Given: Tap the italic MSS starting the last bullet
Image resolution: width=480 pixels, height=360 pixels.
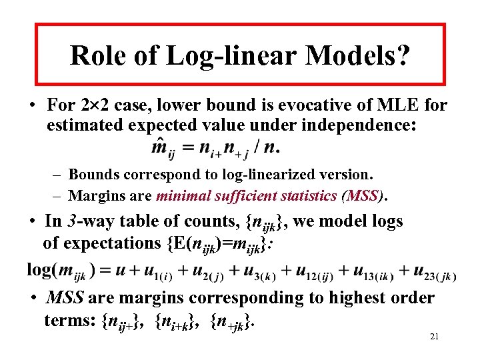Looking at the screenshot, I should coord(65,297).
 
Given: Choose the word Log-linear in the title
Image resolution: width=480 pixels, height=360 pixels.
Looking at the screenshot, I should coord(231,55).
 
